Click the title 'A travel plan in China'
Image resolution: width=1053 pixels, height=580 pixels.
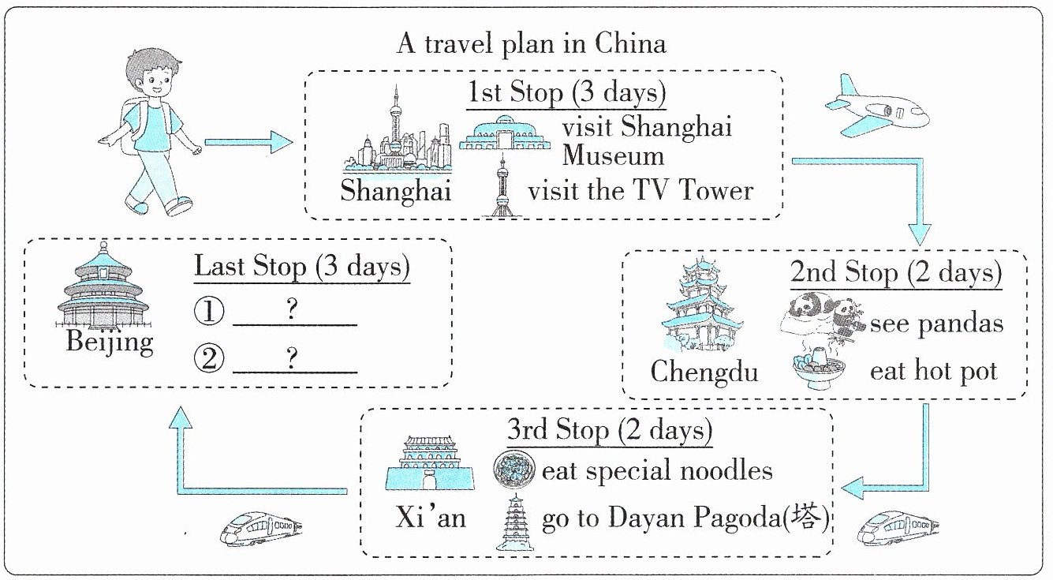(531, 43)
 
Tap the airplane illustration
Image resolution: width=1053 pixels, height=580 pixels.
(877, 107)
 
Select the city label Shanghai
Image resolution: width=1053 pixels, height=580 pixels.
(395, 191)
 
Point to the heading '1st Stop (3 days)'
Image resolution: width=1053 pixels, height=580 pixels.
(566, 92)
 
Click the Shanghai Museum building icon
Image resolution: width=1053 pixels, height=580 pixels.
(504, 133)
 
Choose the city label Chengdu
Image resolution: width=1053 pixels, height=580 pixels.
(704, 371)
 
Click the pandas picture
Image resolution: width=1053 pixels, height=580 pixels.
(823, 315)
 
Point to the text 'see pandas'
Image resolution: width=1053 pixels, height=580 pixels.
(936, 324)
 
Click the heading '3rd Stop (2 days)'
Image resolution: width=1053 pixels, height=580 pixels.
(610, 430)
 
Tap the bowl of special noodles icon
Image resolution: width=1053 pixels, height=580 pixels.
(513, 470)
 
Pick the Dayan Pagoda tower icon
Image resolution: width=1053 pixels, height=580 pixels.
(515, 522)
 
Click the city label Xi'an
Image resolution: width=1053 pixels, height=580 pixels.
(431, 518)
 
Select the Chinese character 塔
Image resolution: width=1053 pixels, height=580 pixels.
(806, 517)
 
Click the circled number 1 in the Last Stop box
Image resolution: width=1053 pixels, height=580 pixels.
(209, 311)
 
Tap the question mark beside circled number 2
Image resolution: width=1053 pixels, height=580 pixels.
(292, 357)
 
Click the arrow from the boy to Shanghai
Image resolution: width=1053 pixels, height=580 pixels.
(248, 142)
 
